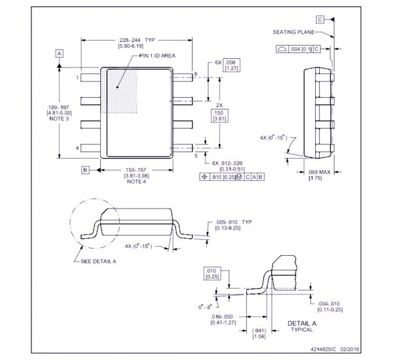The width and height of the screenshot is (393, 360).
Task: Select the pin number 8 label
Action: click(195, 74)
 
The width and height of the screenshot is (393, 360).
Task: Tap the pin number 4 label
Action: click(77, 148)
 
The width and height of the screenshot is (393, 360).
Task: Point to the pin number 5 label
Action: click(195, 155)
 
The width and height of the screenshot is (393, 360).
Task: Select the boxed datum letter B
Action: click(85, 170)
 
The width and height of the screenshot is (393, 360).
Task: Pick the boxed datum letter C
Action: click(320, 19)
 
